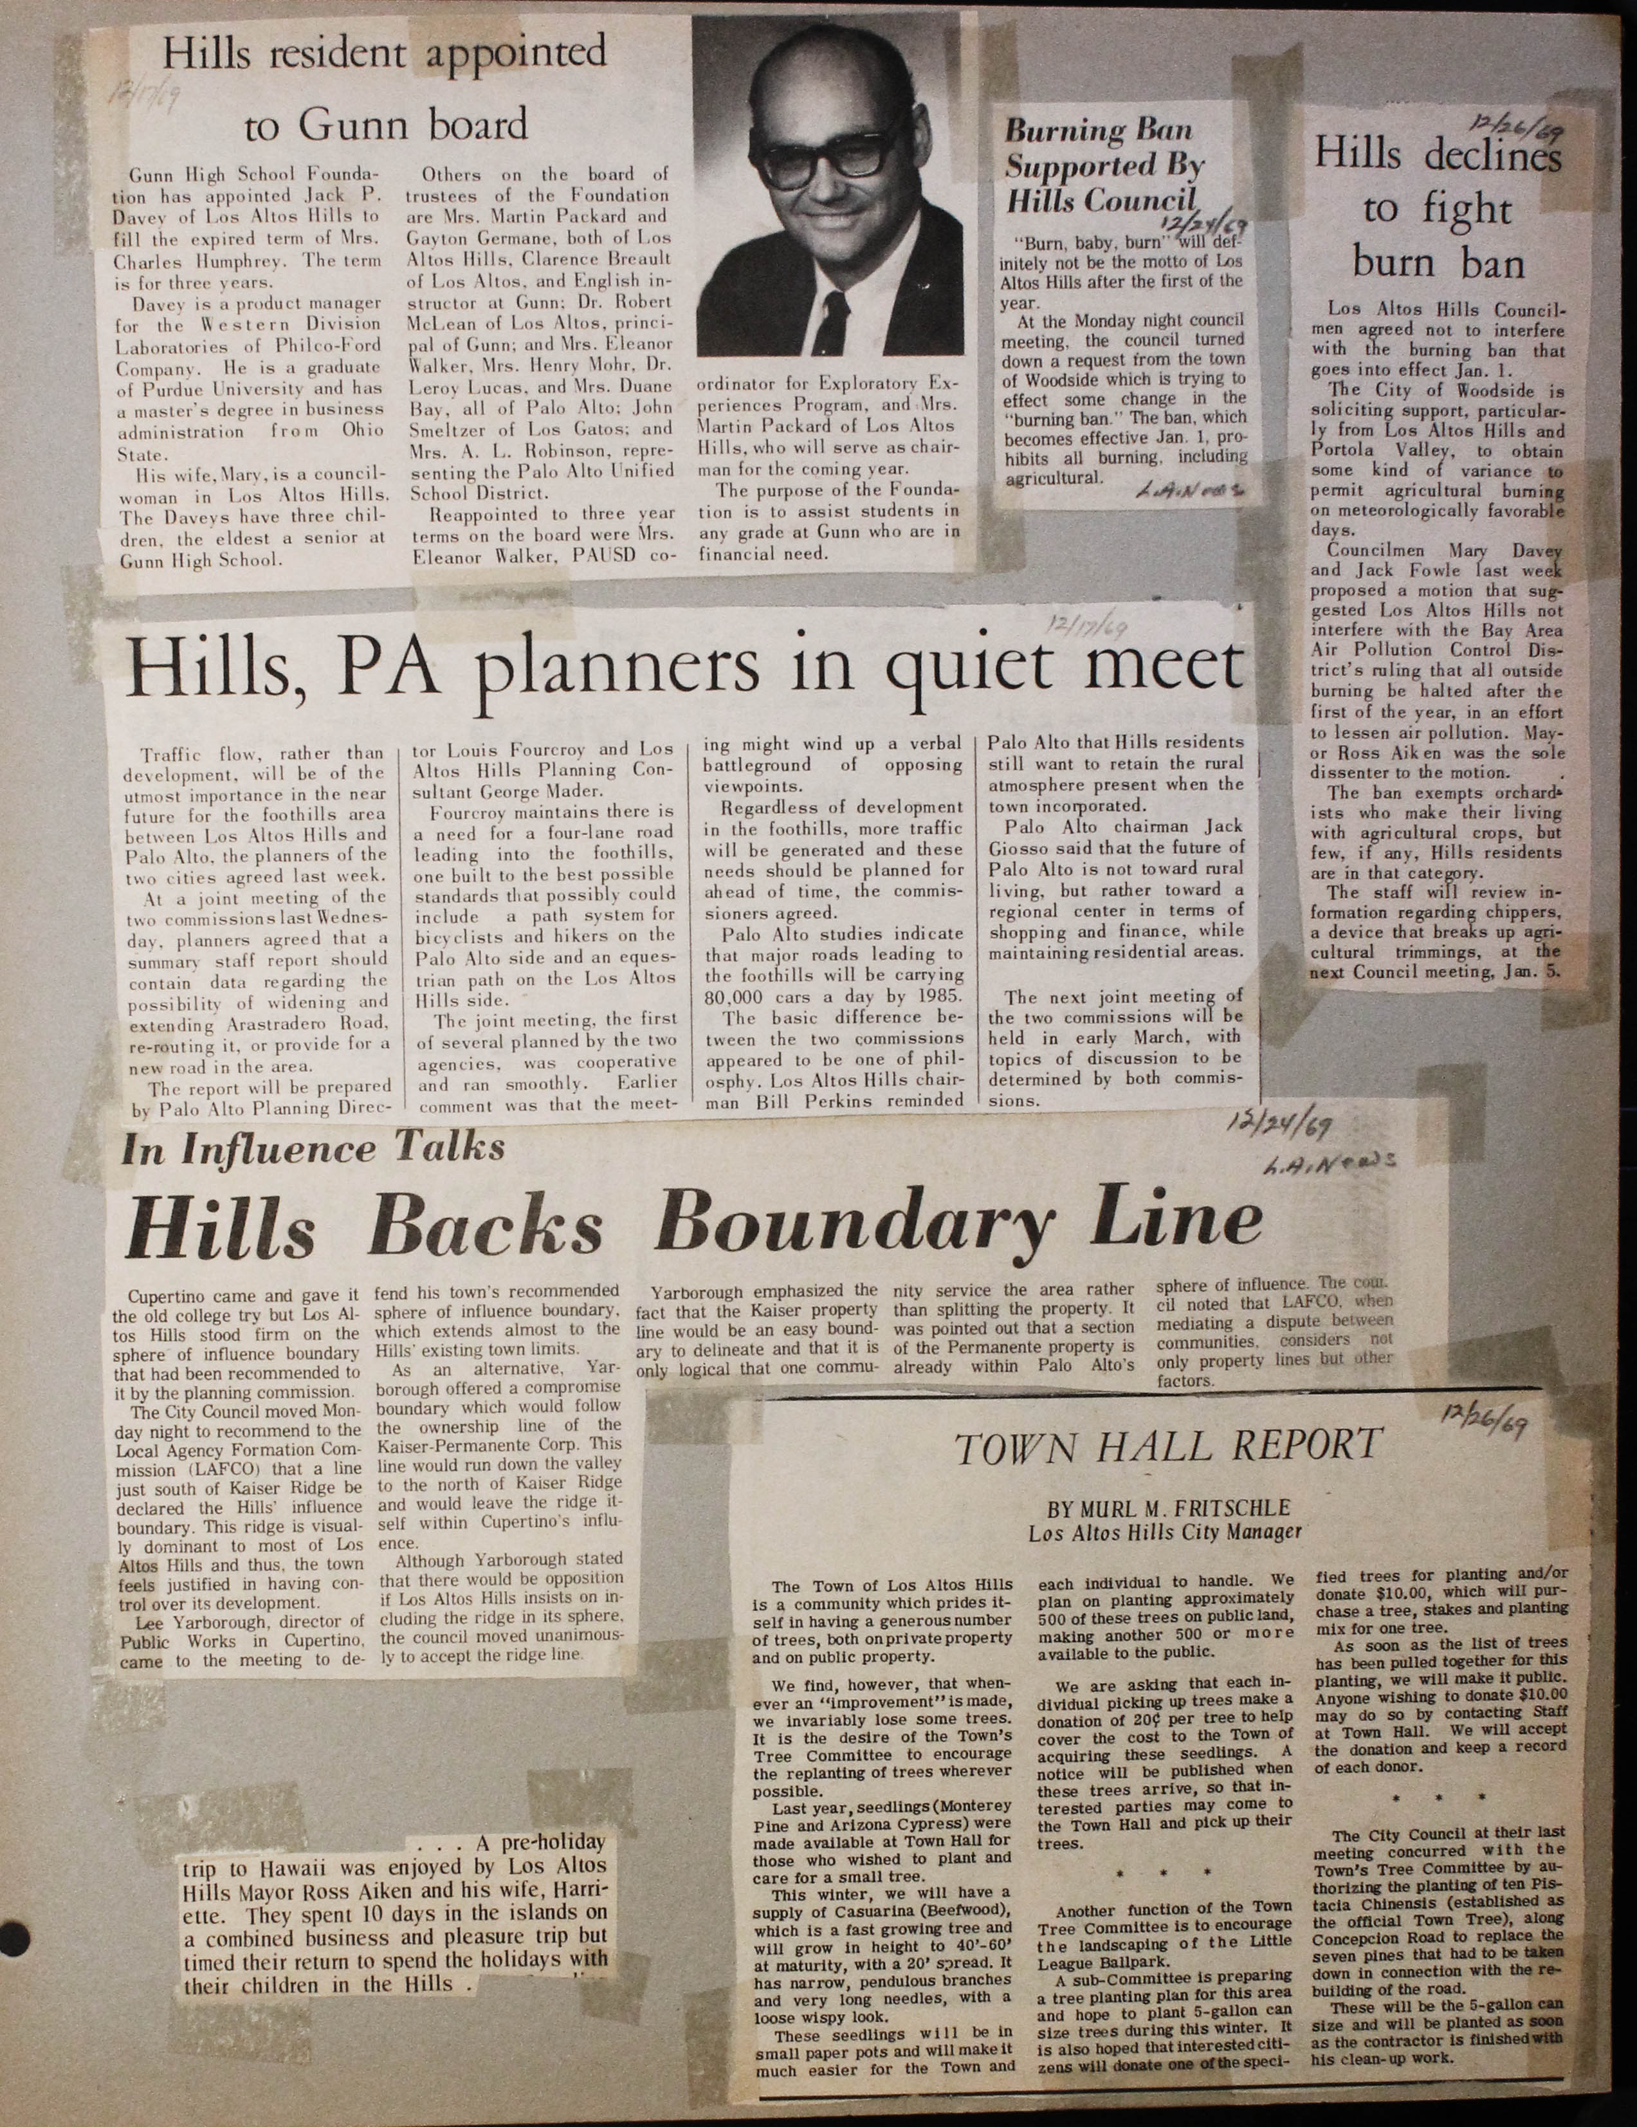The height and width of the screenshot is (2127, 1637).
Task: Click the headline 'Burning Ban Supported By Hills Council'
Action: click(1105, 165)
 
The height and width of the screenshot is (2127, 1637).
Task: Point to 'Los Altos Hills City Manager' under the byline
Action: click(1165, 1533)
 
